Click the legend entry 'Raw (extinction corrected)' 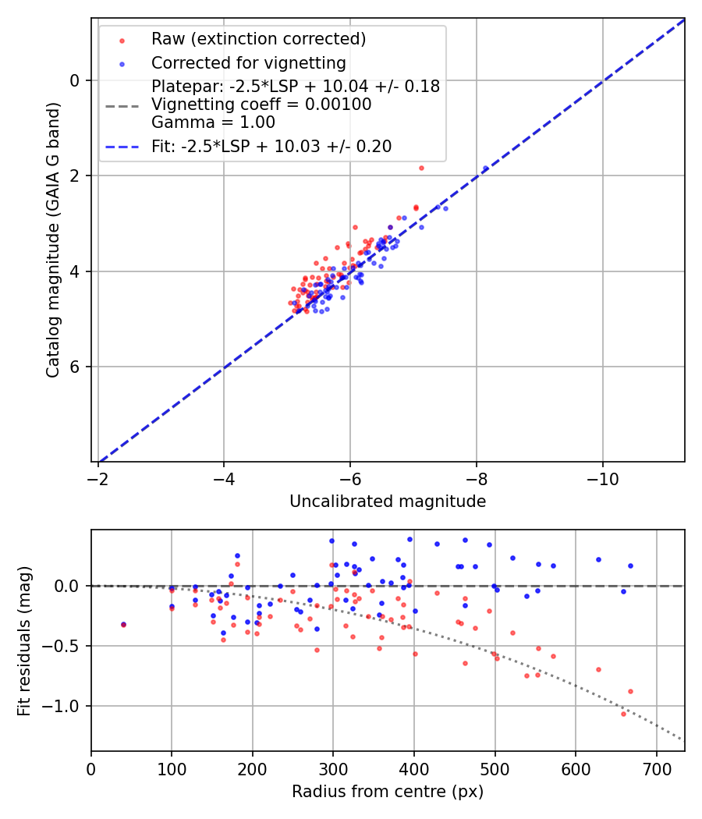point(258,39)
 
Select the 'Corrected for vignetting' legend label point(249,63)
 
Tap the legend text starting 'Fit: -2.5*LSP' point(271,146)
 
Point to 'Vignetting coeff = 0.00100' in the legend point(261,105)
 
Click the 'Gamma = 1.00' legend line point(213,122)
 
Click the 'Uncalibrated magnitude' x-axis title point(388,502)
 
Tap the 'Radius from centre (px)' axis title point(388,792)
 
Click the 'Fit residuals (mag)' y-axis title point(25,640)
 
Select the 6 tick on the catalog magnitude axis point(76,367)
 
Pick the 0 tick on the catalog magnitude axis point(76,80)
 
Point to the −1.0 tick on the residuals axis point(63,706)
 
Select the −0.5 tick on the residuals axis point(63,646)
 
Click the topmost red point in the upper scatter point(421,168)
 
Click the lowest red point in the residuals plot point(623,714)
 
